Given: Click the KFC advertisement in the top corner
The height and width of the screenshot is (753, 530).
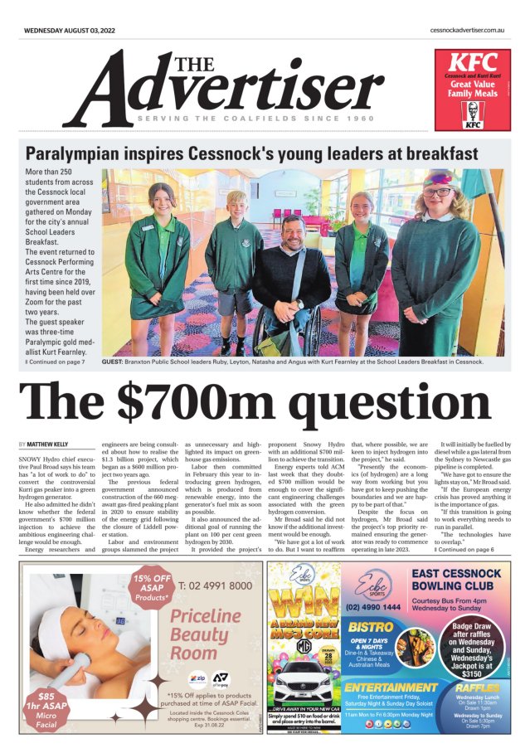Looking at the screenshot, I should point(472,91).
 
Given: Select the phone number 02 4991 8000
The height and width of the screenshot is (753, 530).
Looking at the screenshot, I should point(215,585).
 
